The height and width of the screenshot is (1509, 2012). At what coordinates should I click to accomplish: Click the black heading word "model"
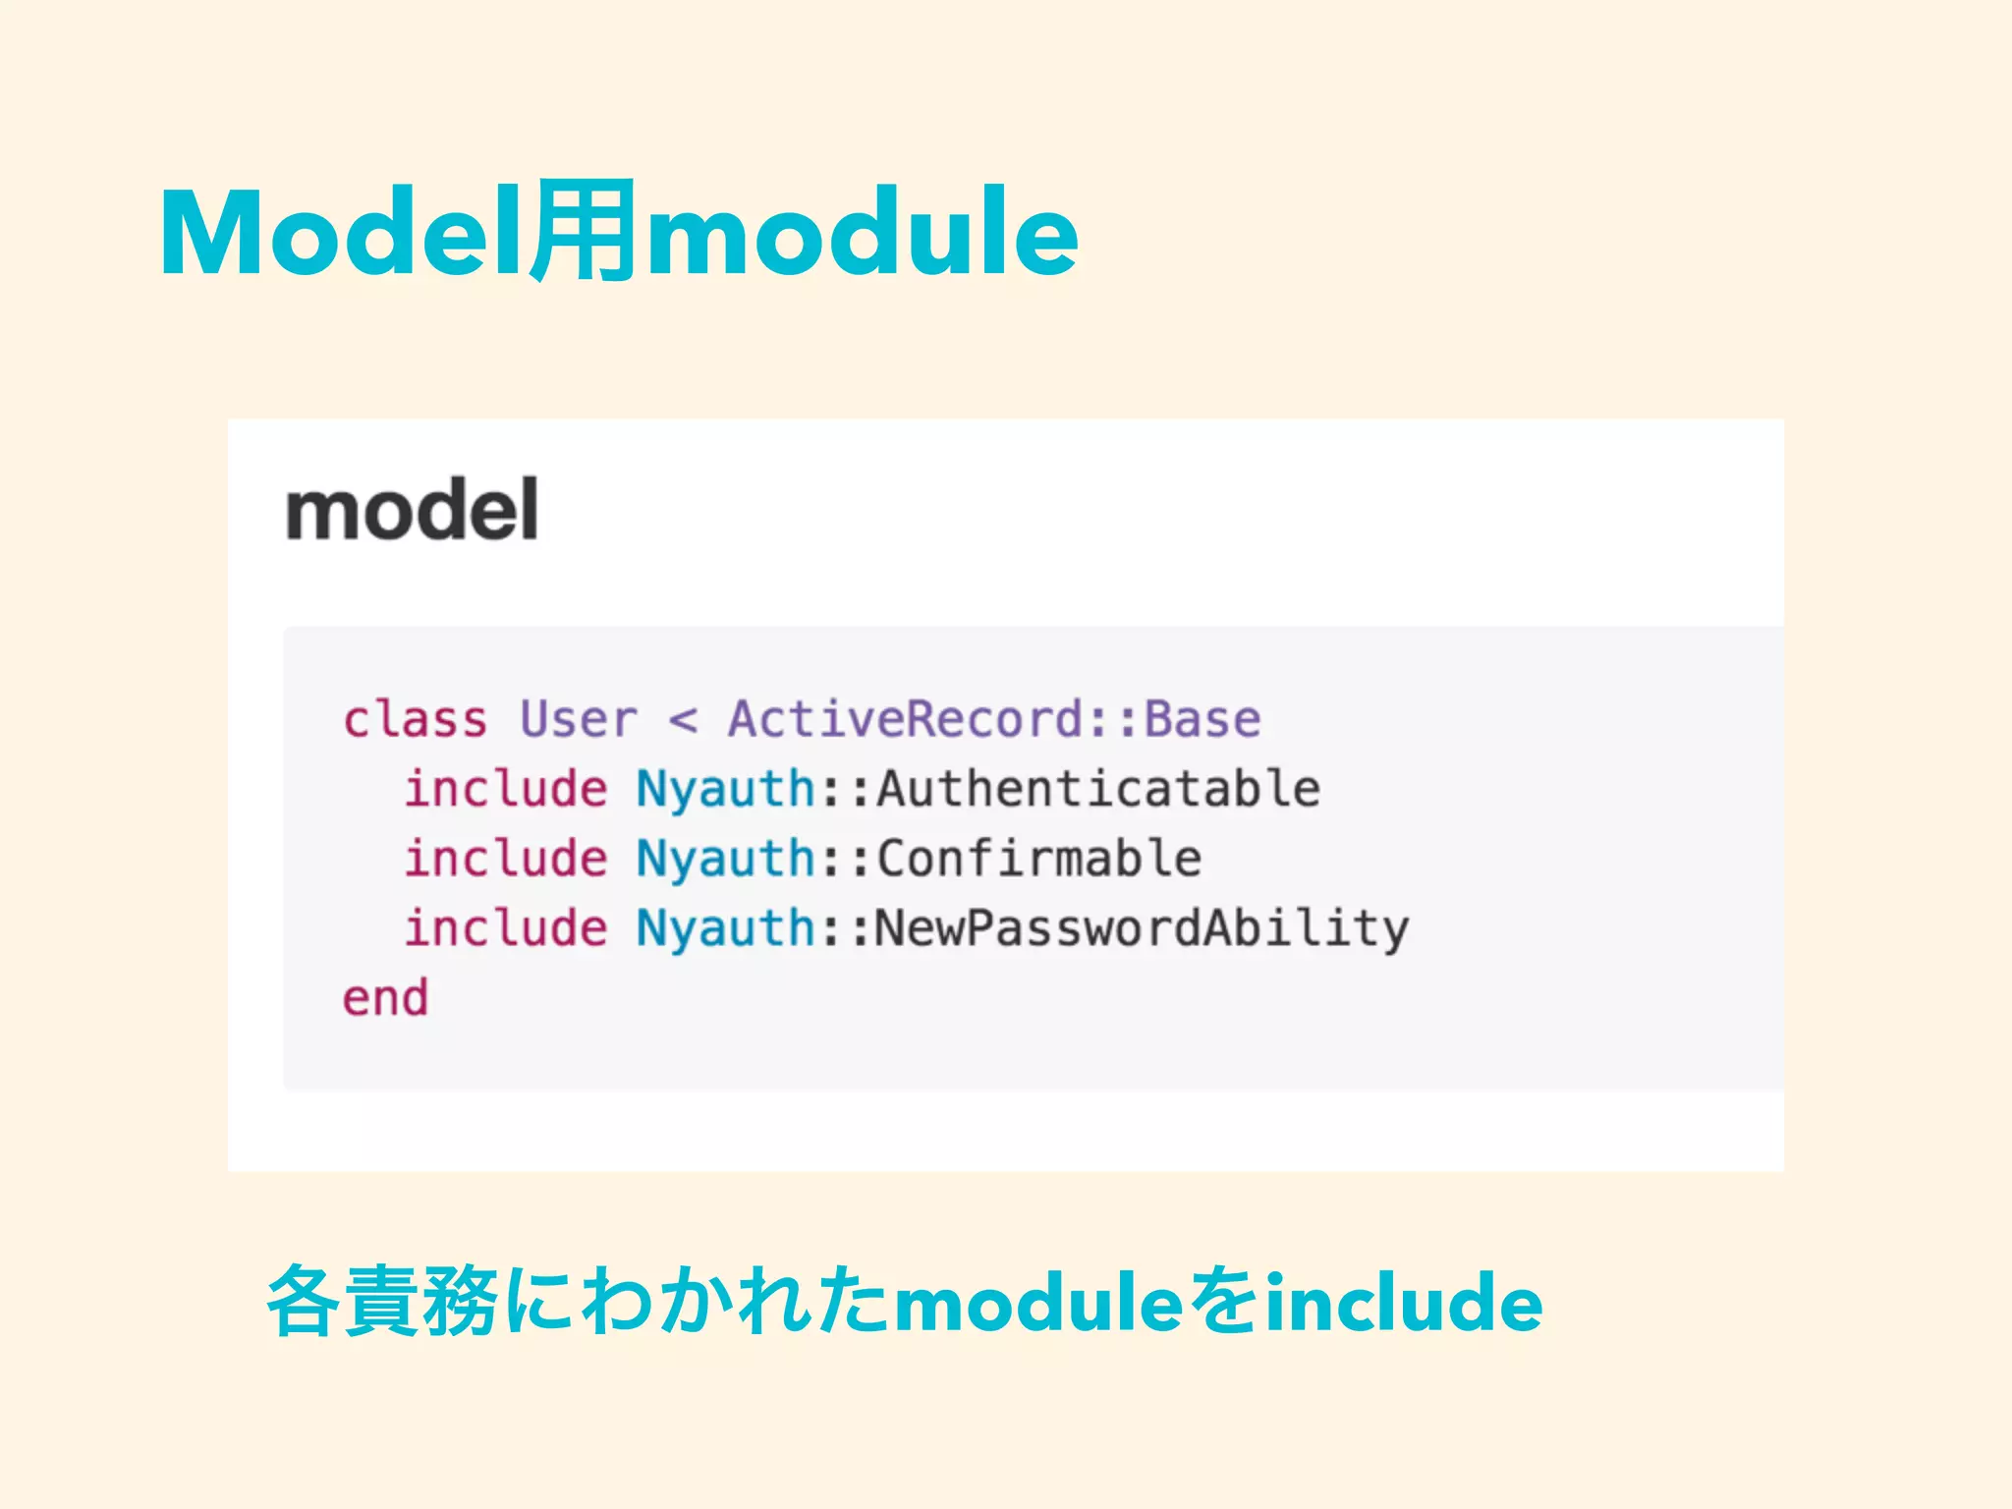point(412,510)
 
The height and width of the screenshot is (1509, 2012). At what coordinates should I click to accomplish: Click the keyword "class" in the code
point(415,719)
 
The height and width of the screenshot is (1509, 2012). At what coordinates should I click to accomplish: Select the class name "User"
point(579,719)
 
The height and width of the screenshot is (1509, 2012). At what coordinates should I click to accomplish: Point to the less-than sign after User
point(683,720)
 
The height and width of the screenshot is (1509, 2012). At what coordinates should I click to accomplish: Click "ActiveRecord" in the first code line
point(904,719)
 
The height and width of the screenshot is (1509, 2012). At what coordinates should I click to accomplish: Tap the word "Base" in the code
point(1202,719)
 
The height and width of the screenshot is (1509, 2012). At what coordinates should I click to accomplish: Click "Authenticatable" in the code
point(1098,789)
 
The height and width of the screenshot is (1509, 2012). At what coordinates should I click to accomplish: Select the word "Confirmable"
point(1038,859)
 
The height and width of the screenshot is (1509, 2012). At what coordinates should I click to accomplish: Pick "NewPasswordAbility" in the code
point(1142,929)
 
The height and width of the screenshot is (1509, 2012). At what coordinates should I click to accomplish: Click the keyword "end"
point(385,998)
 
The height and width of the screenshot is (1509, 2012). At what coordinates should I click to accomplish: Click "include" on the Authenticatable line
point(506,789)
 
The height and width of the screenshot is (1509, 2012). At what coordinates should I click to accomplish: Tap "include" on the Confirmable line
point(506,859)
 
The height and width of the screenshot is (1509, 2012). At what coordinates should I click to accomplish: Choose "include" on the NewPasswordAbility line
point(506,928)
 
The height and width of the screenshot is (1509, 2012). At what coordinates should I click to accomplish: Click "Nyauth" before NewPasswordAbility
point(725,929)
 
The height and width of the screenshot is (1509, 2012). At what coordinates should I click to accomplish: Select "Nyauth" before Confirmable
point(725,860)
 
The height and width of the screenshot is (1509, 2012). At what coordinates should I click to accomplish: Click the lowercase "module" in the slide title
point(862,234)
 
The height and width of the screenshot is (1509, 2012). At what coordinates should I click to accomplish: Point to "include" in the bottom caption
point(1403,1303)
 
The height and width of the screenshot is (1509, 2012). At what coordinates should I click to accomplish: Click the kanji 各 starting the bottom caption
point(304,1303)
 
